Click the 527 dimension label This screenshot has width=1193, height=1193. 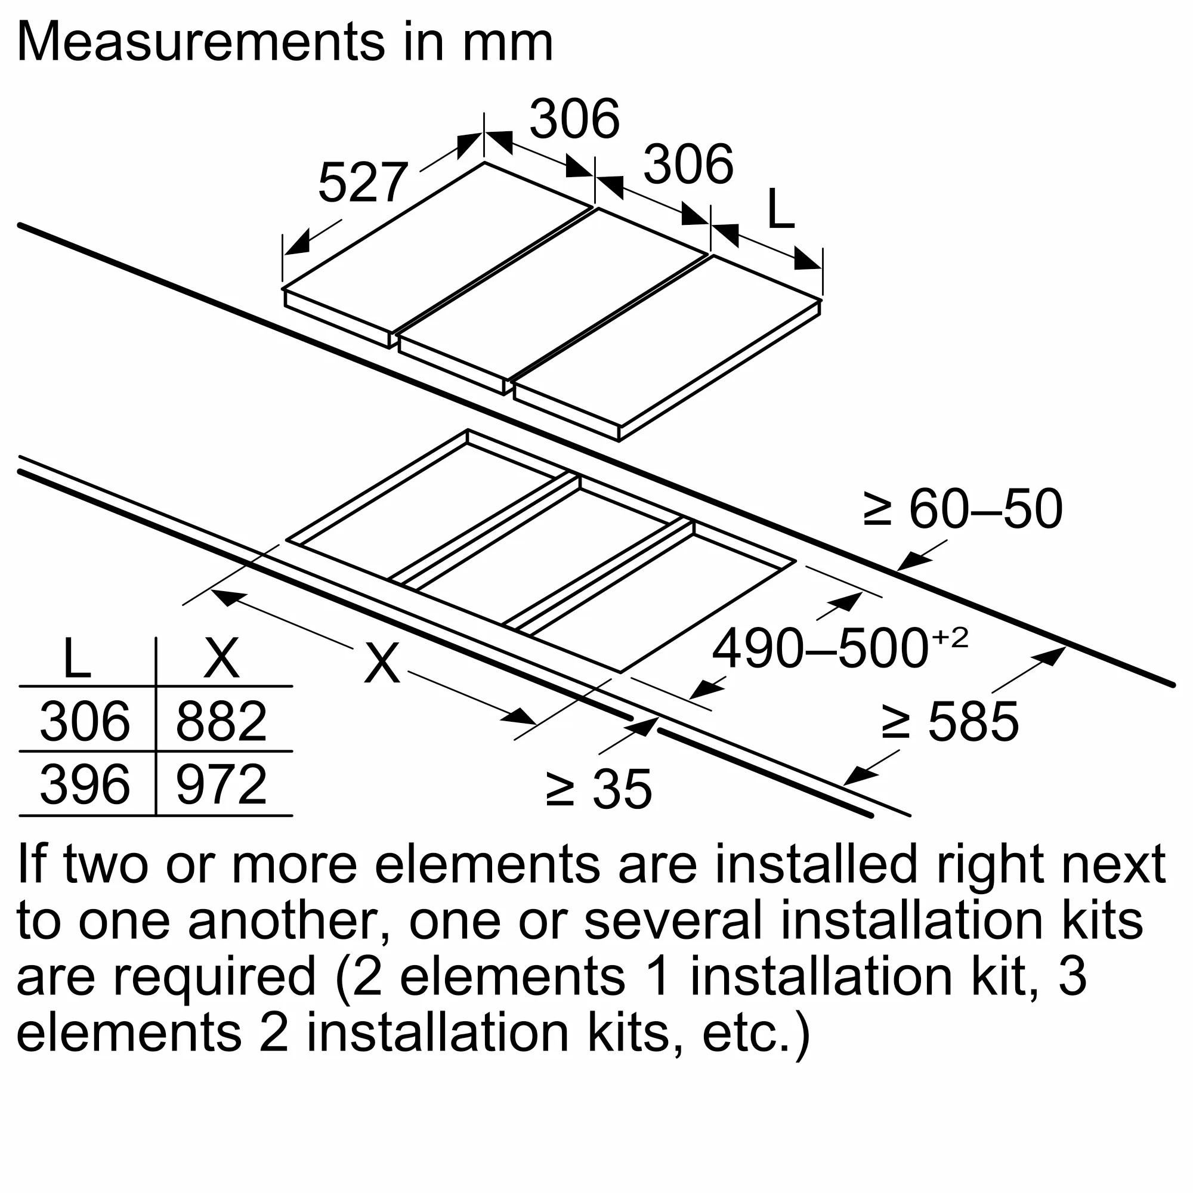(x=363, y=182)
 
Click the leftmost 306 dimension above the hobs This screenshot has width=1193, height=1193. (x=574, y=119)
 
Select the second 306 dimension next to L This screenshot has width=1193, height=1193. (x=688, y=164)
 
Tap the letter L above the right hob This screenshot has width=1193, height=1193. (x=780, y=210)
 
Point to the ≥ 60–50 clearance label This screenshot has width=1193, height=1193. (x=963, y=509)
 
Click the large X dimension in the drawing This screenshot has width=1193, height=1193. (x=382, y=663)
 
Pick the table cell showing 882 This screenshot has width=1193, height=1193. (x=221, y=721)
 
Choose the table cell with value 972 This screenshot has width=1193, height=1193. (x=221, y=784)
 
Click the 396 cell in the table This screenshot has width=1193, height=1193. (x=85, y=784)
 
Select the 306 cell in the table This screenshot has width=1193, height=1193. (x=85, y=721)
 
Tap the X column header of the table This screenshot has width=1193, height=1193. (x=221, y=659)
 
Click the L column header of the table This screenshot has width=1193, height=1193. (x=76, y=659)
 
